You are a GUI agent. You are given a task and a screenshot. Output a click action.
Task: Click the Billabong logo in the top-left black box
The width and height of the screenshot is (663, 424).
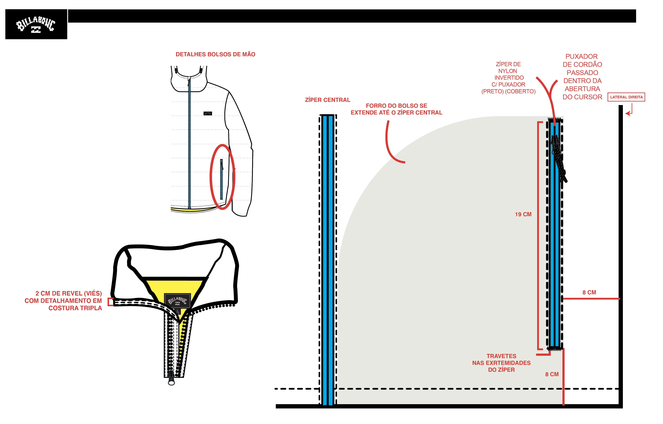[36, 24]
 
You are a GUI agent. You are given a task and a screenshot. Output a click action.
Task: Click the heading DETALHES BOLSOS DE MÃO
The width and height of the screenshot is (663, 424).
[215, 54]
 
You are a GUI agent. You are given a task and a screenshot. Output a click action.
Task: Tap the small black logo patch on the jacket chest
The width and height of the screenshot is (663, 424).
[208, 113]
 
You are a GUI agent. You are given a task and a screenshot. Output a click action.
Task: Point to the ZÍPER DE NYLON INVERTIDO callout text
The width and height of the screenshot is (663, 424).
[508, 78]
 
